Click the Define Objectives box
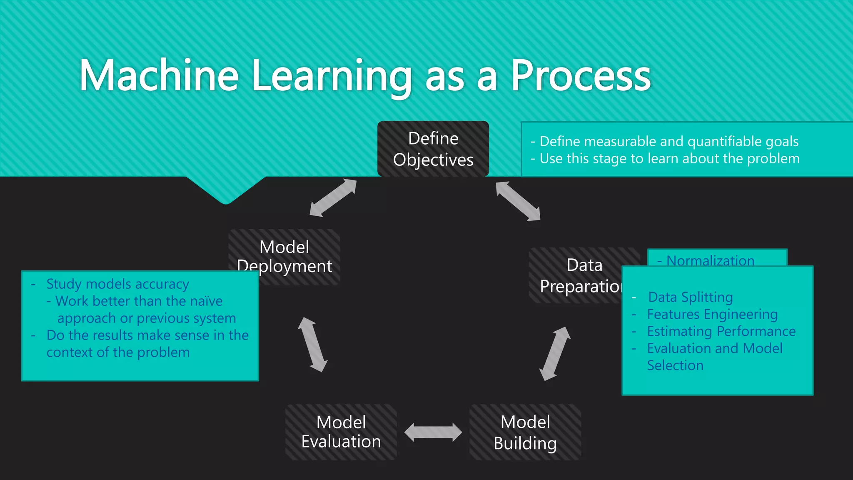[x=433, y=149]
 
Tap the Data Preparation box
[x=579, y=275]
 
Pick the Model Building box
[x=525, y=432]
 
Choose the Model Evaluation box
[x=341, y=432]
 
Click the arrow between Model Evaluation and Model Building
[x=433, y=432]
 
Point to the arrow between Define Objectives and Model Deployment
[x=333, y=198]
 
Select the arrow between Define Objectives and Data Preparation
[x=518, y=201]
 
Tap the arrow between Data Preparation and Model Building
[x=554, y=353]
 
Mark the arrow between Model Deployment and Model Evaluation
[x=312, y=344]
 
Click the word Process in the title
[x=581, y=75]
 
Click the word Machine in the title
[x=159, y=75]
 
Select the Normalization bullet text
[x=710, y=260]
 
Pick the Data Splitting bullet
[x=690, y=297]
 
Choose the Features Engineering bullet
[x=712, y=314]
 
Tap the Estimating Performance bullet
[x=721, y=331]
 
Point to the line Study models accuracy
[x=117, y=284]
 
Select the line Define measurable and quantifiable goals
[x=669, y=142]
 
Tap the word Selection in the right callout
[x=675, y=365]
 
